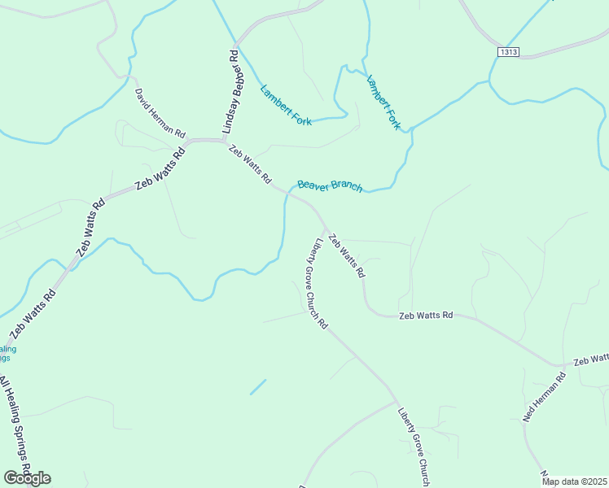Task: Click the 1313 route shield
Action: pyautogui.click(x=509, y=51)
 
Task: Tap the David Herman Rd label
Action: pyautogui.click(x=160, y=113)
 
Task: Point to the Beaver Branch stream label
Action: pyautogui.click(x=330, y=186)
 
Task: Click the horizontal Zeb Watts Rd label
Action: pyautogui.click(x=425, y=315)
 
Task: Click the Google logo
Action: pyautogui.click(x=27, y=478)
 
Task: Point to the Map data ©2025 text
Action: pyautogui.click(x=574, y=481)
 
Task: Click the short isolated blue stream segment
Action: pyautogui.click(x=257, y=387)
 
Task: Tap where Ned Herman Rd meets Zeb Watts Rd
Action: pyautogui.click(x=557, y=367)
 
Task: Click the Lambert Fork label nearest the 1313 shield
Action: pyautogui.click(x=383, y=103)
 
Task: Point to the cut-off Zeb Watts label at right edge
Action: pyautogui.click(x=591, y=359)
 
